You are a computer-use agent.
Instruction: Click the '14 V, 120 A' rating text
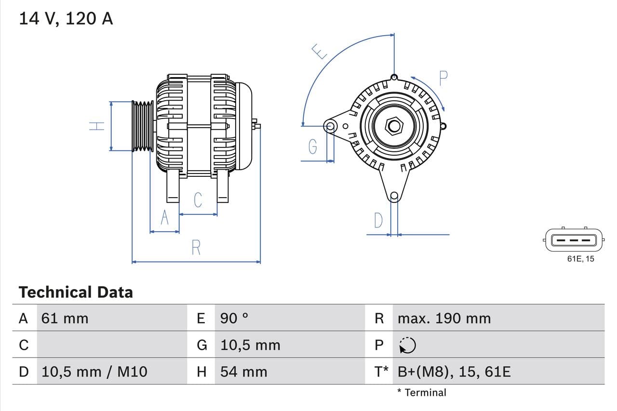(66, 18)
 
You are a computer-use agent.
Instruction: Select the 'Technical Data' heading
(76, 292)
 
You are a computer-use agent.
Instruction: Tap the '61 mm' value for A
(65, 318)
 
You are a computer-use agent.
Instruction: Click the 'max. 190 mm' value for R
(444, 318)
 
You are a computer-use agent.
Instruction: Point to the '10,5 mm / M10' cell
(94, 371)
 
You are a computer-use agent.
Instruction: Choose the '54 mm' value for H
(243, 371)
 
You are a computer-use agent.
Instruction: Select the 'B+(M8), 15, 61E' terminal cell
(454, 371)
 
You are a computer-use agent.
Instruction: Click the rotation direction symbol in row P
(407, 345)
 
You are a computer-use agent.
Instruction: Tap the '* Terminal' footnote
(422, 392)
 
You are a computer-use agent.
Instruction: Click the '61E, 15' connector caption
(580, 259)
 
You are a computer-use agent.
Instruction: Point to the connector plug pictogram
(573, 239)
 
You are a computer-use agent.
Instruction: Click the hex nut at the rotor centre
(394, 126)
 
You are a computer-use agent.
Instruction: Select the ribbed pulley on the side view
(143, 126)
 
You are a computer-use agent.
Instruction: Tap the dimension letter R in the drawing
(196, 248)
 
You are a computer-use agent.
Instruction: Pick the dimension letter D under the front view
(378, 220)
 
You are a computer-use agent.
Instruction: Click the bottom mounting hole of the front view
(394, 195)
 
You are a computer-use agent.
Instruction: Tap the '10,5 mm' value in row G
(250, 345)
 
